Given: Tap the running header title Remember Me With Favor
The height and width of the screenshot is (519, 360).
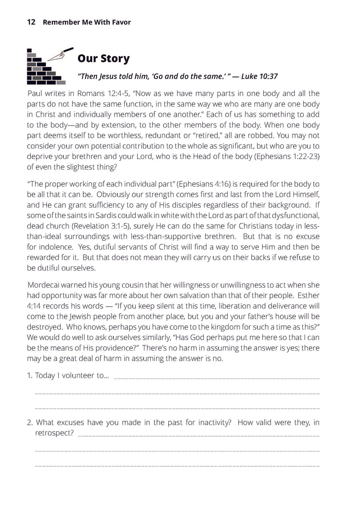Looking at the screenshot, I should click(x=86, y=22).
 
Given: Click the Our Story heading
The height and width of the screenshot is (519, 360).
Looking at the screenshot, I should click(x=103, y=59).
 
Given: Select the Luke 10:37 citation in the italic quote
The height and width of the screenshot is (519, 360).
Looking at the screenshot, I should click(x=260, y=77).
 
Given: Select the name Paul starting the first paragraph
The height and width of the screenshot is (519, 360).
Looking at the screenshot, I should click(x=36, y=94).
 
